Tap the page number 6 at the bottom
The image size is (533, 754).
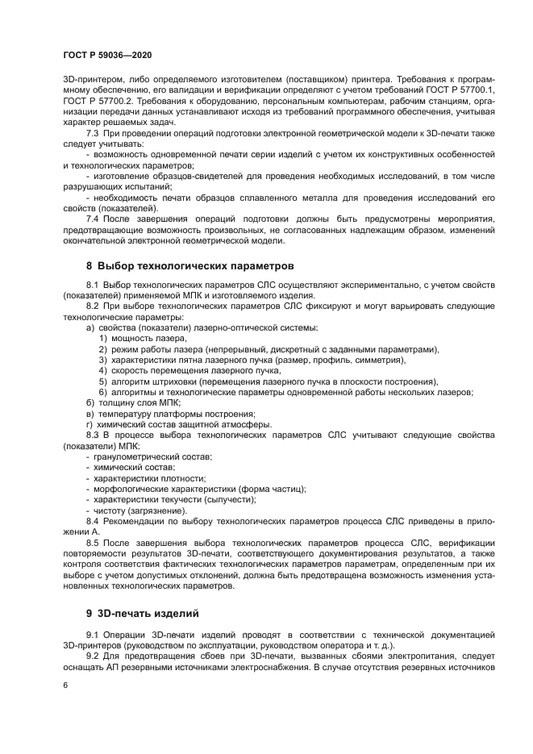65,685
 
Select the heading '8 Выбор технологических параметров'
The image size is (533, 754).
190,265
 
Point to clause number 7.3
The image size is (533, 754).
93,131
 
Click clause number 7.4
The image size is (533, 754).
93,219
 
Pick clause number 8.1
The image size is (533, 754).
93,285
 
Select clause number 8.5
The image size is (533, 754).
93,543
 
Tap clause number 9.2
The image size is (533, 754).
93,656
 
